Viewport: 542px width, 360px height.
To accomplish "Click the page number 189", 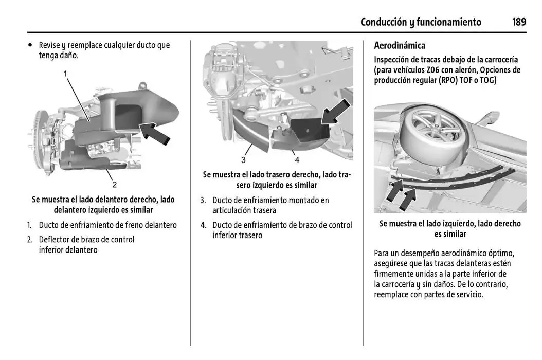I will [x=518, y=22].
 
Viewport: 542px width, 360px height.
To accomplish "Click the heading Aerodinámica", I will [x=400, y=46].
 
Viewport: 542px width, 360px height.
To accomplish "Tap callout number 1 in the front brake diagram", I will [x=65, y=74].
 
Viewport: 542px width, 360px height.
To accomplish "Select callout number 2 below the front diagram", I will [x=114, y=185].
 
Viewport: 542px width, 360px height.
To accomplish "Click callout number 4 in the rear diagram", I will [x=297, y=159].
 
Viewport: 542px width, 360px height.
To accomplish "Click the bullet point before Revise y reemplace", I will [x=30, y=45].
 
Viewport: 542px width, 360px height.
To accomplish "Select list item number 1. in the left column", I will [x=29, y=225].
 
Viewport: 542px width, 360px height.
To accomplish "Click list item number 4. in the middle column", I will [x=203, y=225].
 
